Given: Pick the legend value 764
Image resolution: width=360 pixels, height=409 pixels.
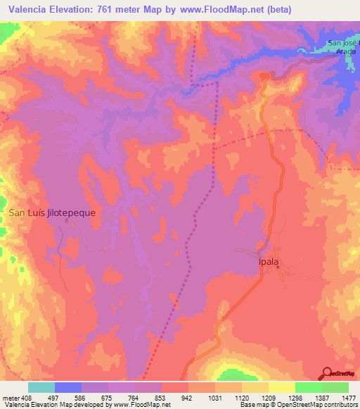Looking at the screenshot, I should click(x=134, y=398).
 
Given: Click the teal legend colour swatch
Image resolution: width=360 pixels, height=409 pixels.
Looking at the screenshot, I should click(x=41, y=387).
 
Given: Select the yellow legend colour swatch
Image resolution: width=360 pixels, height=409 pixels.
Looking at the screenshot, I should click(x=281, y=387).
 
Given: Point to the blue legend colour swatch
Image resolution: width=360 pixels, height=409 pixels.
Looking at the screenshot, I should click(x=68, y=387).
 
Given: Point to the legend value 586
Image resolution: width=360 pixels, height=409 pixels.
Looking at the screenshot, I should click(x=80, y=398).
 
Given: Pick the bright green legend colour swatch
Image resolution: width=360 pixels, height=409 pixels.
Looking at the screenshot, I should click(x=308, y=387).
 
